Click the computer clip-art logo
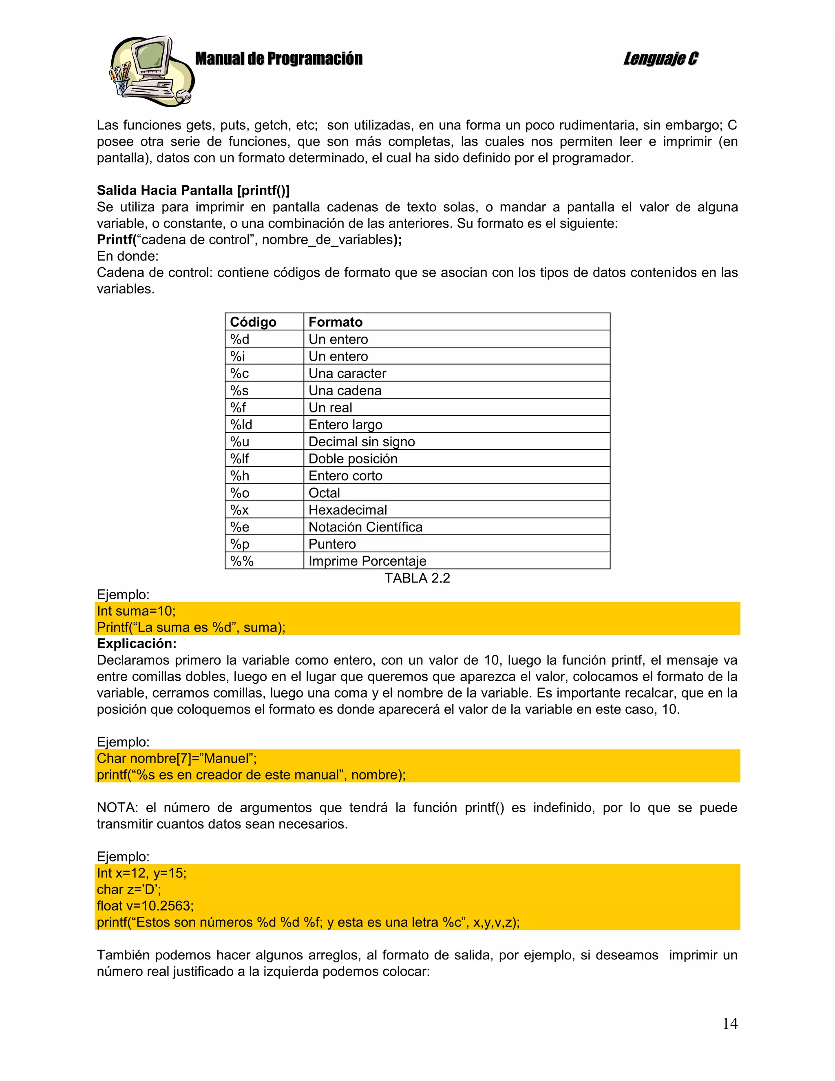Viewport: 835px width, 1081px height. point(151,71)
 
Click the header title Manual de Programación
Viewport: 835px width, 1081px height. point(278,59)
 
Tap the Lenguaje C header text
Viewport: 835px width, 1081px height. point(660,59)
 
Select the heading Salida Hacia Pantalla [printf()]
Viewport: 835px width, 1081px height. point(193,191)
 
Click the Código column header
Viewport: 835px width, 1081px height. point(253,322)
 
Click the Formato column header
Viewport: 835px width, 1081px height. point(336,322)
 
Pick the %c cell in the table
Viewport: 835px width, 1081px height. point(239,374)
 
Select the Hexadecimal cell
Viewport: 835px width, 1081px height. point(347,510)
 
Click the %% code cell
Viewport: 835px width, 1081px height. point(242,561)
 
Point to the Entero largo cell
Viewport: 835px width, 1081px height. point(345,425)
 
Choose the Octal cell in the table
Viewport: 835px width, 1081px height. point(324,493)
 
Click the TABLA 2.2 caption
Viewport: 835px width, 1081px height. point(417,578)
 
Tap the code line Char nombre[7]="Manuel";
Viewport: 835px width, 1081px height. point(177,758)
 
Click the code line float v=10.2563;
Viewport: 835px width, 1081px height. point(145,906)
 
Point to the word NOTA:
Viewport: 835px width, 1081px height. point(117,808)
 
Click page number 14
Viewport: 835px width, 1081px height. point(730,1023)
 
